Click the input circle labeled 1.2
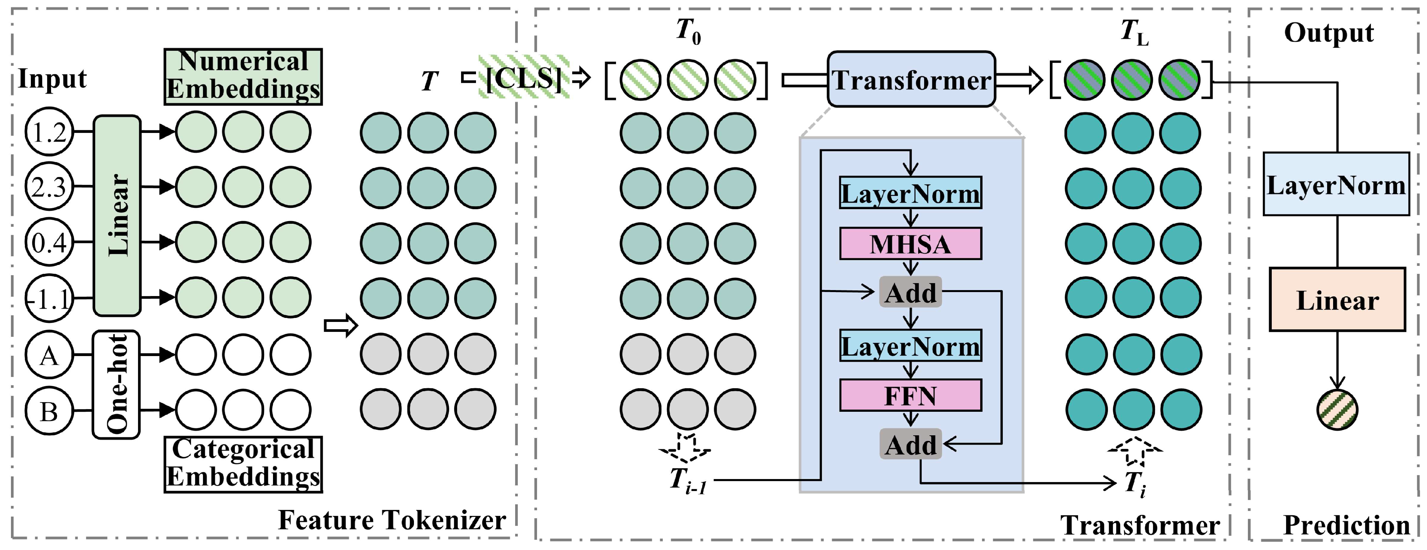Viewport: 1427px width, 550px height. pyautogui.click(x=49, y=132)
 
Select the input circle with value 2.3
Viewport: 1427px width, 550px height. pyautogui.click(x=49, y=187)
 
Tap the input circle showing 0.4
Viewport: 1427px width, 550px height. pyautogui.click(x=49, y=242)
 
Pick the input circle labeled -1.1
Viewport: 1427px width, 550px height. pyautogui.click(x=49, y=298)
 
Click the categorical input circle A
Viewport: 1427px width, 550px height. pyautogui.click(x=49, y=355)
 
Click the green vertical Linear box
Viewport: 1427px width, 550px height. pyautogui.click(x=117, y=215)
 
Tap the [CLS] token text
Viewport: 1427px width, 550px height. pyautogui.click(x=523, y=78)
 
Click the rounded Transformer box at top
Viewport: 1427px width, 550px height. pyautogui.click(x=911, y=79)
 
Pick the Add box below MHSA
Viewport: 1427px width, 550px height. pyautogui.click(x=910, y=292)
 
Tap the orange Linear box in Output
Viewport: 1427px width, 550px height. pyautogui.click(x=1337, y=300)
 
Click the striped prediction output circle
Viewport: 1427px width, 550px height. pyautogui.click(x=1337, y=410)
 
